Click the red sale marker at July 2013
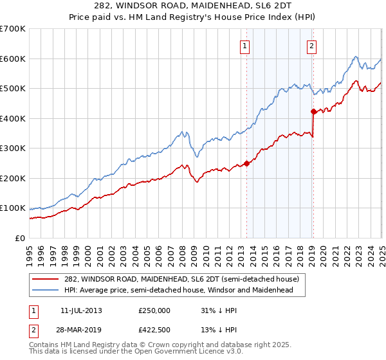246,163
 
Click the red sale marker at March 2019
313,111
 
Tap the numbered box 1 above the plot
246,46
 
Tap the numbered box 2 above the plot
311,46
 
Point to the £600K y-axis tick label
13,59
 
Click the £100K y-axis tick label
13,208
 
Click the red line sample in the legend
46,280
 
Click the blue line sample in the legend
46,291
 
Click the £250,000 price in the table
154,310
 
